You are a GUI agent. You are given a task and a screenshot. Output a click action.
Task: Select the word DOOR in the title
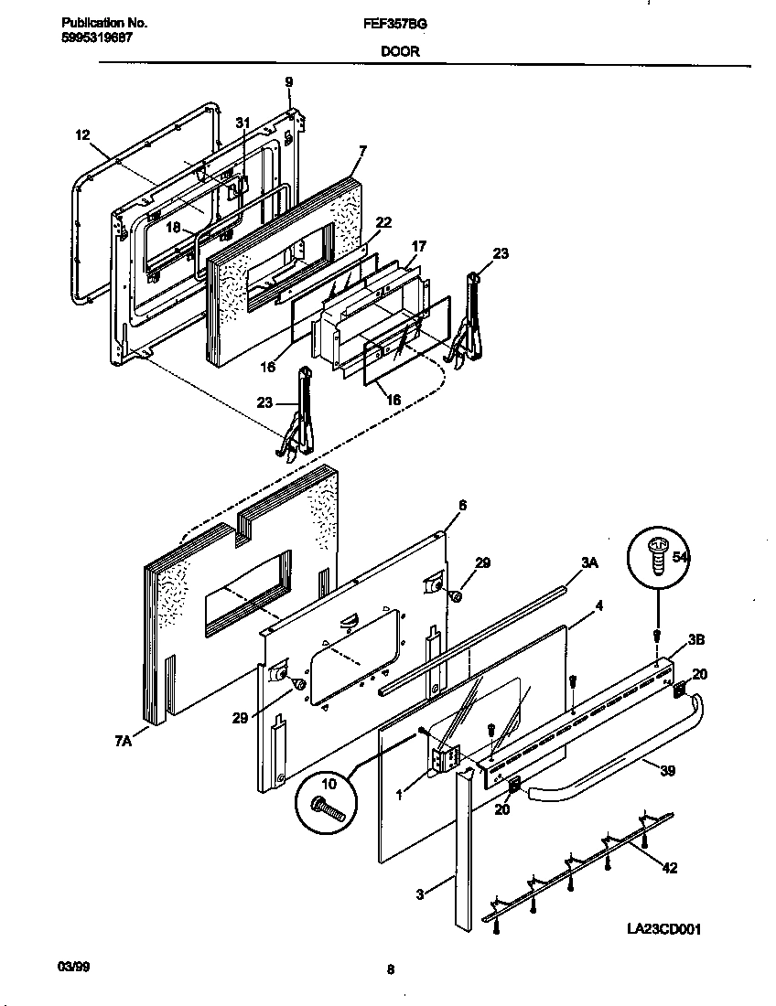tap(401, 52)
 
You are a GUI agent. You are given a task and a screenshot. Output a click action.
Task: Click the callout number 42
tap(669, 868)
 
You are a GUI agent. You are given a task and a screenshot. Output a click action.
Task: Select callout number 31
tap(242, 122)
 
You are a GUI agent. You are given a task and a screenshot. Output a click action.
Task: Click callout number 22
tap(383, 221)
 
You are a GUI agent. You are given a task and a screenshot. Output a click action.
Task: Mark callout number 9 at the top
tap(288, 82)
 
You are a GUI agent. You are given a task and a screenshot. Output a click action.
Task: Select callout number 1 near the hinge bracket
tap(399, 796)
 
